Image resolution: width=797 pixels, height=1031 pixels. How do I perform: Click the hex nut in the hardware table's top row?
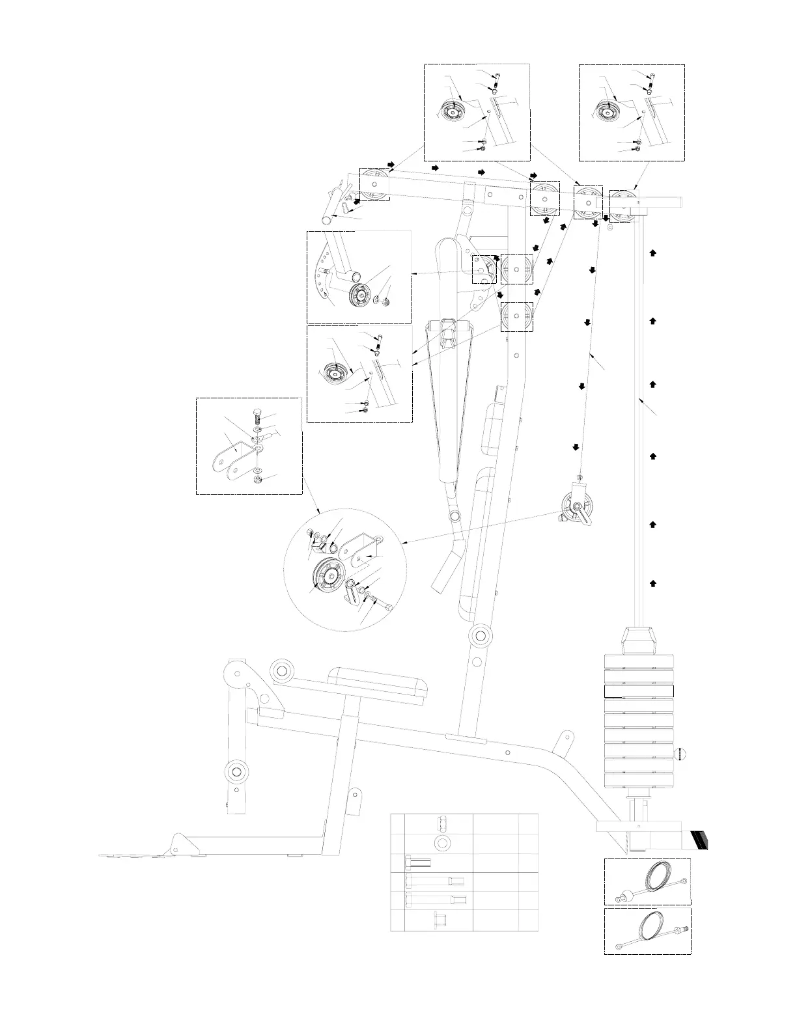443,823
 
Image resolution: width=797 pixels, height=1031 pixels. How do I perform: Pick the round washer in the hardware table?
443,843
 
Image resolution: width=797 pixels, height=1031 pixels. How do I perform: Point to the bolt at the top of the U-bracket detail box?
257,414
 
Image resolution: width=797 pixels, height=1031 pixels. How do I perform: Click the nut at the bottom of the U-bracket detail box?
257,480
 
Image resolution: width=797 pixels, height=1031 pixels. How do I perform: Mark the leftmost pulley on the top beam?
375,185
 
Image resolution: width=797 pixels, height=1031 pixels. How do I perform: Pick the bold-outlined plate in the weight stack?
639,691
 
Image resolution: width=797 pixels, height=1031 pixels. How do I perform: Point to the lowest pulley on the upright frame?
516,317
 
